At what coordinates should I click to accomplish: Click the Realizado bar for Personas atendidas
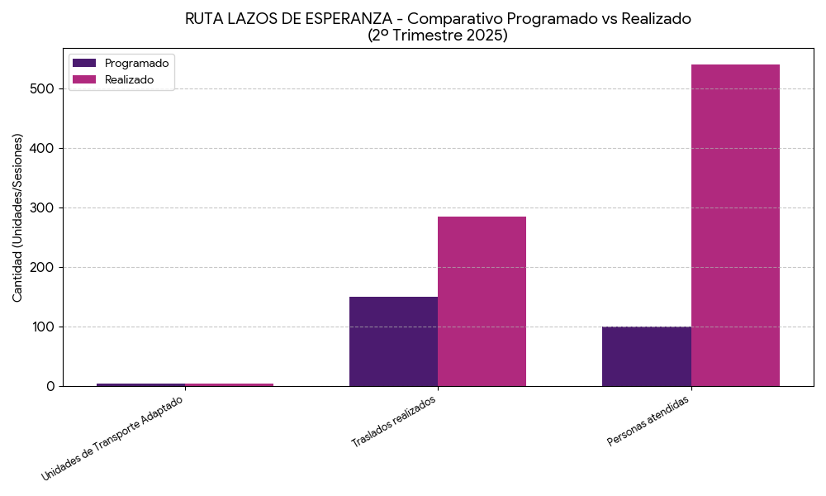[735, 225]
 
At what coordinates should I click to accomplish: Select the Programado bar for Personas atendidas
[647, 356]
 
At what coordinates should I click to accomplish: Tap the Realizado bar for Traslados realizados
[482, 301]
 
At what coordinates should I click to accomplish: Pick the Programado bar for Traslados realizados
[393, 341]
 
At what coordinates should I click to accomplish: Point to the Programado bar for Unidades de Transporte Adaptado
[140, 384]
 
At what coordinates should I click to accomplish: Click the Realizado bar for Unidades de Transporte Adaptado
[229, 384]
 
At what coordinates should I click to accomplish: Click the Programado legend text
[136, 63]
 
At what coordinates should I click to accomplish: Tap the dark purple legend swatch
[84, 63]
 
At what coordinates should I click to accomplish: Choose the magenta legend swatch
[84, 79]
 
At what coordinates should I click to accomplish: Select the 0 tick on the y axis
[50, 386]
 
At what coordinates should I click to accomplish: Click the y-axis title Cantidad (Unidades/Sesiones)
[18, 217]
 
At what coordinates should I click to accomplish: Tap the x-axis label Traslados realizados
[393, 422]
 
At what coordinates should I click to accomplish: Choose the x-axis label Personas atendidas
[648, 421]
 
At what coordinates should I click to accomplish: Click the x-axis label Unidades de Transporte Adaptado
[113, 437]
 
